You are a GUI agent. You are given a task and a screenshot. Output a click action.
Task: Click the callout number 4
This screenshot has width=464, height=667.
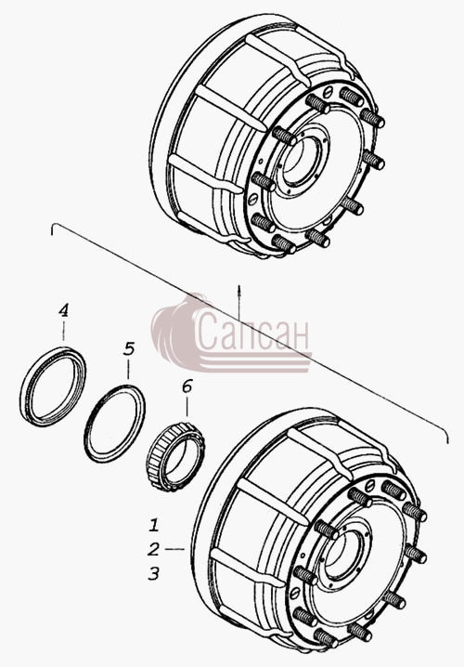coord(63,310)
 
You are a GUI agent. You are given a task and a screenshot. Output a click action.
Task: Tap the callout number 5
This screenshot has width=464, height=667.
coord(129,348)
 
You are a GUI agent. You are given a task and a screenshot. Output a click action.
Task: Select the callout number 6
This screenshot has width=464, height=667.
coord(187,386)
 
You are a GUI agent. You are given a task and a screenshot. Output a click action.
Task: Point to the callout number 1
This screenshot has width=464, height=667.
coord(154,525)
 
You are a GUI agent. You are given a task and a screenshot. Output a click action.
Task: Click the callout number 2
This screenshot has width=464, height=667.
coord(153,549)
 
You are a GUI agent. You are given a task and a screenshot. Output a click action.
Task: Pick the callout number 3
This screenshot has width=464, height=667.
coord(153,573)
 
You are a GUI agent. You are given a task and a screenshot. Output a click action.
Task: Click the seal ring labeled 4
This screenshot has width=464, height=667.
coord(53,386)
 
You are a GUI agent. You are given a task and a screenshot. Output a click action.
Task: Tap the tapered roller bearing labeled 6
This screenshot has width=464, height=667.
coord(175,456)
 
